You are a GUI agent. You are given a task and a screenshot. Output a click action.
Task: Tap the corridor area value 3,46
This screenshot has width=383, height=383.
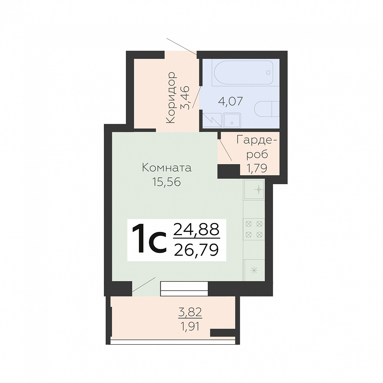click(x=185, y=98)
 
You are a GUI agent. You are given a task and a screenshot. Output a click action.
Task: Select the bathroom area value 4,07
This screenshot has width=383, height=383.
click(x=231, y=101)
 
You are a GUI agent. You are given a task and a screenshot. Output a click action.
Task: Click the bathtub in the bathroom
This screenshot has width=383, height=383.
click(x=244, y=73)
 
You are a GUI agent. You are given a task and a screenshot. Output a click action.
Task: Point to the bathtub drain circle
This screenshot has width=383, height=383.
click(x=268, y=72)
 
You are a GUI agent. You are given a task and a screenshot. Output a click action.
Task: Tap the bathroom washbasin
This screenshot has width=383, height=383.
click(x=232, y=121)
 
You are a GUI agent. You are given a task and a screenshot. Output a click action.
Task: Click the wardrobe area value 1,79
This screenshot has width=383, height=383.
click(x=257, y=168)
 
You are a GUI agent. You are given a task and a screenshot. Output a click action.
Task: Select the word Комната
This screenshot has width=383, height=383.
click(x=167, y=168)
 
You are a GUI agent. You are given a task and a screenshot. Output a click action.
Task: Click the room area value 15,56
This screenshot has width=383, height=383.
click(x=166, y=182)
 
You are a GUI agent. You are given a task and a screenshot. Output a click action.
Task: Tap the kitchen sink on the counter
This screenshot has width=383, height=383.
click(x=254, y=189)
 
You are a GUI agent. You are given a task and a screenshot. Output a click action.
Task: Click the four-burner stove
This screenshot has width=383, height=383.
click(x=254, y=229)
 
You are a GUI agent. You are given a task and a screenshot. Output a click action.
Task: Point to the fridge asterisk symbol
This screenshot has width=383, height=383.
click(x=254, y=270)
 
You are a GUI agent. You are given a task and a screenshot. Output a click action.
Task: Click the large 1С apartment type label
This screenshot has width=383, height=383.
click(x=149, y=239)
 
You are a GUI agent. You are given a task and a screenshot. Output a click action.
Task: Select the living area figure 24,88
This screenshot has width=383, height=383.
click(x=196, y=229)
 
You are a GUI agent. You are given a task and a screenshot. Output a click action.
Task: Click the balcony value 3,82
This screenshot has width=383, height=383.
click(x=190, y=312)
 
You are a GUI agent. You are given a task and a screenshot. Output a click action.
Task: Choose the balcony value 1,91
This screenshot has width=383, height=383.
click(x=190, y=326)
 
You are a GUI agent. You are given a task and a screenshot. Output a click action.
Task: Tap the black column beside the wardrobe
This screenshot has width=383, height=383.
click(x=229, y=171)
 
